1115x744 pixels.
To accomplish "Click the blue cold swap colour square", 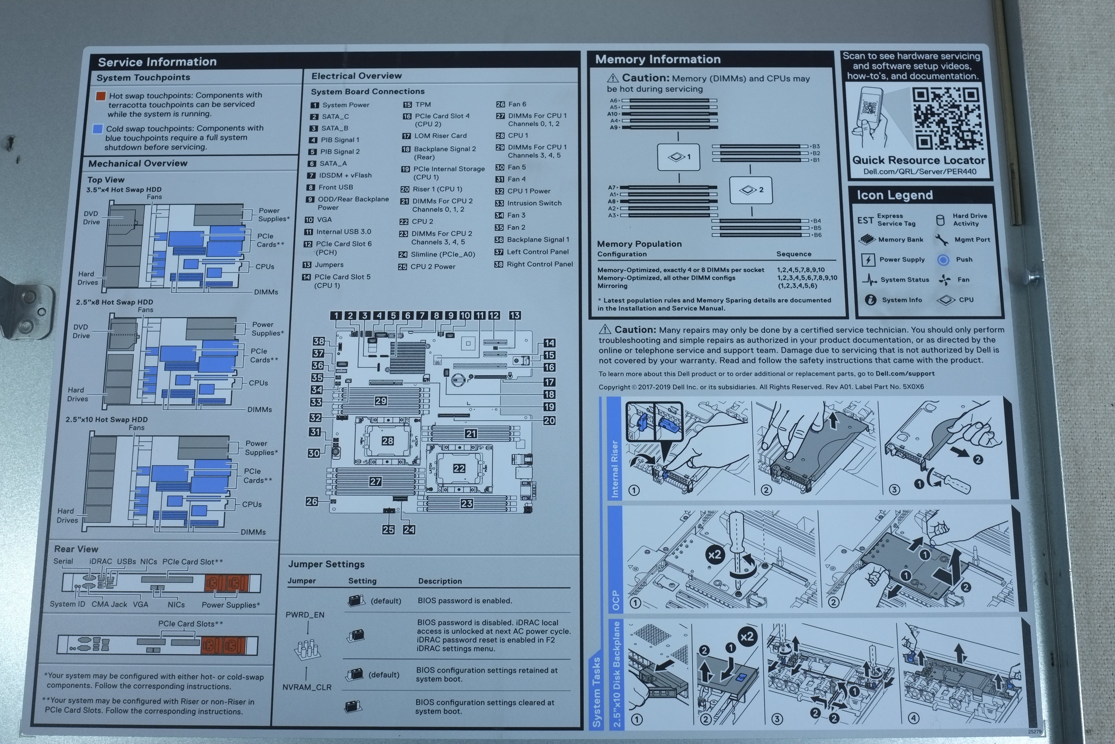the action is click(98, 129).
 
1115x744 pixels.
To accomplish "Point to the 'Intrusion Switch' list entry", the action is click(534, 203).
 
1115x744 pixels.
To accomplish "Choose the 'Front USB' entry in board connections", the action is click(336, 187).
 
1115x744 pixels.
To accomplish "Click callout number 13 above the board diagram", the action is click(515, 315).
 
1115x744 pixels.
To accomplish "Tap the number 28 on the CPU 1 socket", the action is click(388, 441).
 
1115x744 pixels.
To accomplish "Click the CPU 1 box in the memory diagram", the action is click(679, 157).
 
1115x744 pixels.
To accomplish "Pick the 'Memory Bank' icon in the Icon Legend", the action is click(867, 240).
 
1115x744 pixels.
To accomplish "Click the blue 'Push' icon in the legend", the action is click(943, 260).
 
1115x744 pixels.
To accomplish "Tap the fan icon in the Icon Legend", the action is click(944, 280).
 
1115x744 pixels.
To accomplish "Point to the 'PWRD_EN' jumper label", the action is click(305, 615).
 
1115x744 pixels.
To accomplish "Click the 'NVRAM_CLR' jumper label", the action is click(307, 687).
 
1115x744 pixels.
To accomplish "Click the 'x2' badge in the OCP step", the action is click(714, 555).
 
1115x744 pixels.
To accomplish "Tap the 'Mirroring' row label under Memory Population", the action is click(612, 286).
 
